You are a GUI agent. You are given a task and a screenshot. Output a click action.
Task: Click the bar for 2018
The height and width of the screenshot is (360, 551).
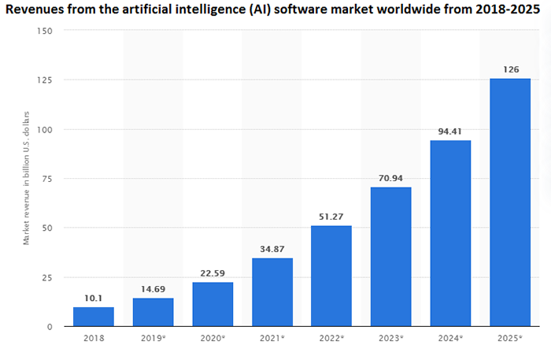point(93,316)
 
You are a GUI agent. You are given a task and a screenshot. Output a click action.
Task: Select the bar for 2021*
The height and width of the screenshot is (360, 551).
point(272,292)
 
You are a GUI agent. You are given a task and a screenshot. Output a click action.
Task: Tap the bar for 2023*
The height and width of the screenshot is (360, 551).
point(390,257)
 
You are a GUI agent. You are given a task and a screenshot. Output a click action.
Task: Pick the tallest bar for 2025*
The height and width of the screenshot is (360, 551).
point(509,202)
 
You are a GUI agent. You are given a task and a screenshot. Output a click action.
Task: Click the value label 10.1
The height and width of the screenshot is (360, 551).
point(93,298)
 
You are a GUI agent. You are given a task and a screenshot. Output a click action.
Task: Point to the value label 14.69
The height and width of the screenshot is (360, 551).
point(153,289)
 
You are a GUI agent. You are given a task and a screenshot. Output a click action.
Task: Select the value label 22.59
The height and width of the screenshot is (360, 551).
point(213,273)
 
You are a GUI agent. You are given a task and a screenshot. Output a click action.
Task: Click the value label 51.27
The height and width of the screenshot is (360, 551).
point(331,217)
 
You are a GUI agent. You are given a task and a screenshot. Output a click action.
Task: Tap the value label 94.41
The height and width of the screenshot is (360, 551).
point(450,132)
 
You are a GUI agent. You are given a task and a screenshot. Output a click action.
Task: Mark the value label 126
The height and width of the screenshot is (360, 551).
point(509,69)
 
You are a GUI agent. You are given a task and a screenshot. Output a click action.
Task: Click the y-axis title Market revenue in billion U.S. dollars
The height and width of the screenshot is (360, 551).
point(26,178)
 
